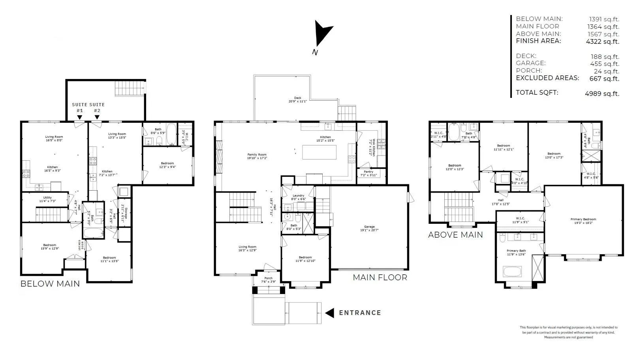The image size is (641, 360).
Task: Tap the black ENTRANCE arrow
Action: pyautogui.click(x=330, y=313)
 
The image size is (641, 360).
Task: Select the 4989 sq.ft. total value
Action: pyautogui.click(x=602, y=94)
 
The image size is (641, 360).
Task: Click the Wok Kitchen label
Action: pyautogui.click(x=370, y=147)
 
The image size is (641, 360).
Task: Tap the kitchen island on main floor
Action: pyautogui.click(x=319, y=152)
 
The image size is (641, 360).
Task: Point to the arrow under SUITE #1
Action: pyautogui.click(x=80, y=117)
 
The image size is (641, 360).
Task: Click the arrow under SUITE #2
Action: pyautogui.click(x=97, y=117)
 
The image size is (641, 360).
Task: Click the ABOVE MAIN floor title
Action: pyautogui.click(x=455, y=235)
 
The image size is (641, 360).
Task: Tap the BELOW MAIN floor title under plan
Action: pyautogui.click(x=50, y=284)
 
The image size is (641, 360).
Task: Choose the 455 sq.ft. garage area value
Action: pyautogui.click(x=605, y=64)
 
